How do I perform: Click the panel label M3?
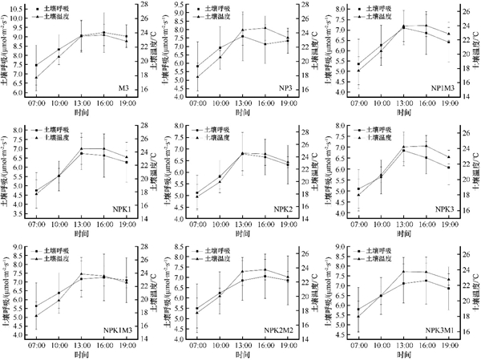tap(124, 87)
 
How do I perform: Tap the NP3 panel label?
tap(284, 87)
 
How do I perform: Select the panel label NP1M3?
tap(438, 87)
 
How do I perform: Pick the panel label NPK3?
tap(440, 208)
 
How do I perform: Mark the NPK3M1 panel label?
tap(438, 330)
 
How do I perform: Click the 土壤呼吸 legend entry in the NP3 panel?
tap(228, 7)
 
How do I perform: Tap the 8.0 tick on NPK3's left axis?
tap(338, 127)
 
